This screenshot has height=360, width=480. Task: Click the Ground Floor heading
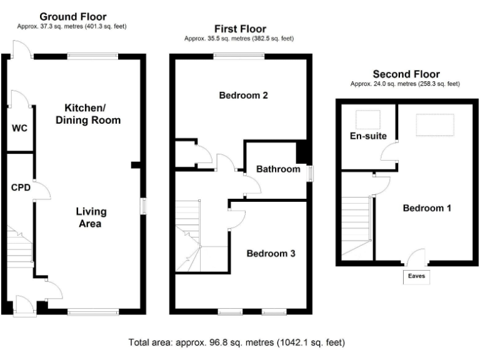pos(72,17)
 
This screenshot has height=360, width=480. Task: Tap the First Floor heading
pos(239,29)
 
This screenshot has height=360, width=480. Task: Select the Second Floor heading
pos(406,74)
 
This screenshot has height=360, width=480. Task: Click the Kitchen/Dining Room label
pos(87,113)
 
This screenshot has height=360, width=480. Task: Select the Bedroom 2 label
pos(243,96)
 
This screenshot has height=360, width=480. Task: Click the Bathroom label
pos(278,169)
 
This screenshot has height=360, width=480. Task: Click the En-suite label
pos(368,136)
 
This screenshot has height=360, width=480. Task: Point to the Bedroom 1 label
pos(426,208)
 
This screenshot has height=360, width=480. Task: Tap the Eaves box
pos(416,276)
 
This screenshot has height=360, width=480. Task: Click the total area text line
pos(236,342)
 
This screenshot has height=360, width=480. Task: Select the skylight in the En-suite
pos(367,118)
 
